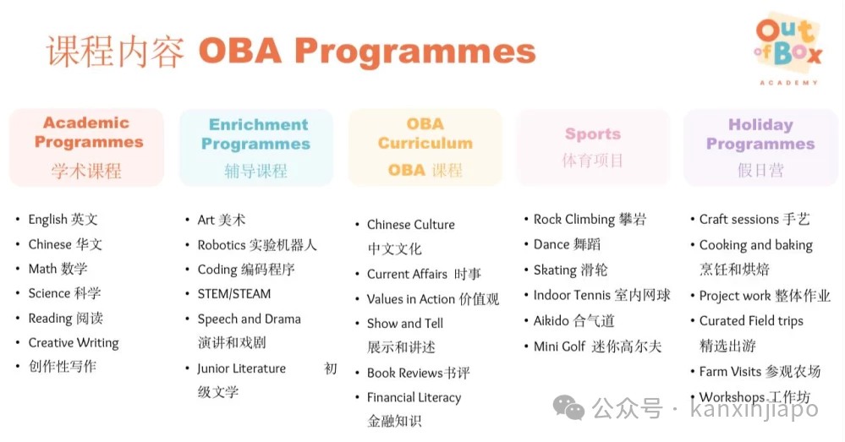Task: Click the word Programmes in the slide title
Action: [x=415, y=52]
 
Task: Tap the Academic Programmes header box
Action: [x=87, y=147]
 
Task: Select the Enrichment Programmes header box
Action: [x=256, y=148]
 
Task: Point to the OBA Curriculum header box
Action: [x=425, y=148]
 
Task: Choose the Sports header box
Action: [x=593, y=148]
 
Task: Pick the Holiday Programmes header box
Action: [x=761, y=148]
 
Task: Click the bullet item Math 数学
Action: [x=58, y=269]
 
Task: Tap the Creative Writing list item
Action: [x=74, y=343]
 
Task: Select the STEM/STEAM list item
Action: [x=234, y=294]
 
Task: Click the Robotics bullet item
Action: [x=256, y=245]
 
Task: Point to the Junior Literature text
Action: [x=241, y=368]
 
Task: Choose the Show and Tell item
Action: [x=404, y=324]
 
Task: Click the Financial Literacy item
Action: [x=414, y=398]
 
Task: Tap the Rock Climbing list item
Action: [x=590, y=220]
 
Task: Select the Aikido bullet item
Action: [x=574, y=321]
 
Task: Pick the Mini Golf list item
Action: [x=597, y=347]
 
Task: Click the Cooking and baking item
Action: [x=755, y=245]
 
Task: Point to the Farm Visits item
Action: [x=760, y=372]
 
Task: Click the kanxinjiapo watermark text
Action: [x=754, y=409]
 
